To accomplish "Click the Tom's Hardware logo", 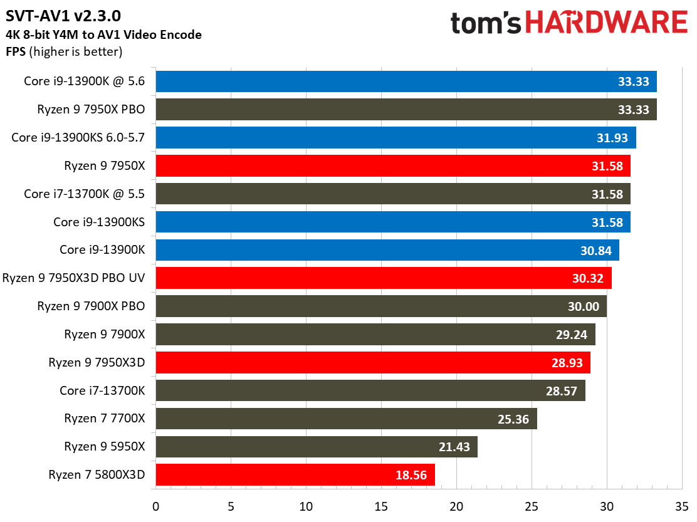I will pos(569,23).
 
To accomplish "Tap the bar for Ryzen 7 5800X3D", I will pos(295,475).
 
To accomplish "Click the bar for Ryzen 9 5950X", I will pos(316,447).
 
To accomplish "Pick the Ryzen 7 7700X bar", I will pos(346,419).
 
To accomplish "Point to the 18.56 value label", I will pos(411,475).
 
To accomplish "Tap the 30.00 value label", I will pos(584,306).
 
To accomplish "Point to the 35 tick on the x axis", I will pos(682,506).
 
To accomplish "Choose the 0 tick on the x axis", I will pos(155,506).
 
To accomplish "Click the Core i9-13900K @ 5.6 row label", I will pos(84,81).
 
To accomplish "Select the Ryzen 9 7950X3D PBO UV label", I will pos(74,278).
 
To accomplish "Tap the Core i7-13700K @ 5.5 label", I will pos(84,194).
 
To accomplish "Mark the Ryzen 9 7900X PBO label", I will pos(91,306).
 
